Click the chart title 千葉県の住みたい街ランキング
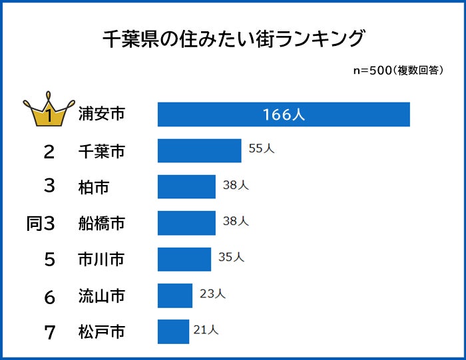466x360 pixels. click(234, 39)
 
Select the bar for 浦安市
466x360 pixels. click(284, 114)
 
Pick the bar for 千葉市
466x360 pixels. click(199, 150)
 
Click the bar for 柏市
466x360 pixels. click(186, 187)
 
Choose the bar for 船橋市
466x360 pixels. click(186, 223)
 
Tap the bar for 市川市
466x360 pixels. click(184, 259)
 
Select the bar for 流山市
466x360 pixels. click(174, 295)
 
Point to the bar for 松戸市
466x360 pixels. click(173, 331)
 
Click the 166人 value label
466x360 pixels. click(284, 114)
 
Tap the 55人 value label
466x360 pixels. click(261, 149)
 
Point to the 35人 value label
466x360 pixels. click(231, 257)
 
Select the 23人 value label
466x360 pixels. click(212, 293)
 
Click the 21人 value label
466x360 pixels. click(205, 329)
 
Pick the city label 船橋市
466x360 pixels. click(101, 224)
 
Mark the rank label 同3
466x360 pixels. click(40, 224)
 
